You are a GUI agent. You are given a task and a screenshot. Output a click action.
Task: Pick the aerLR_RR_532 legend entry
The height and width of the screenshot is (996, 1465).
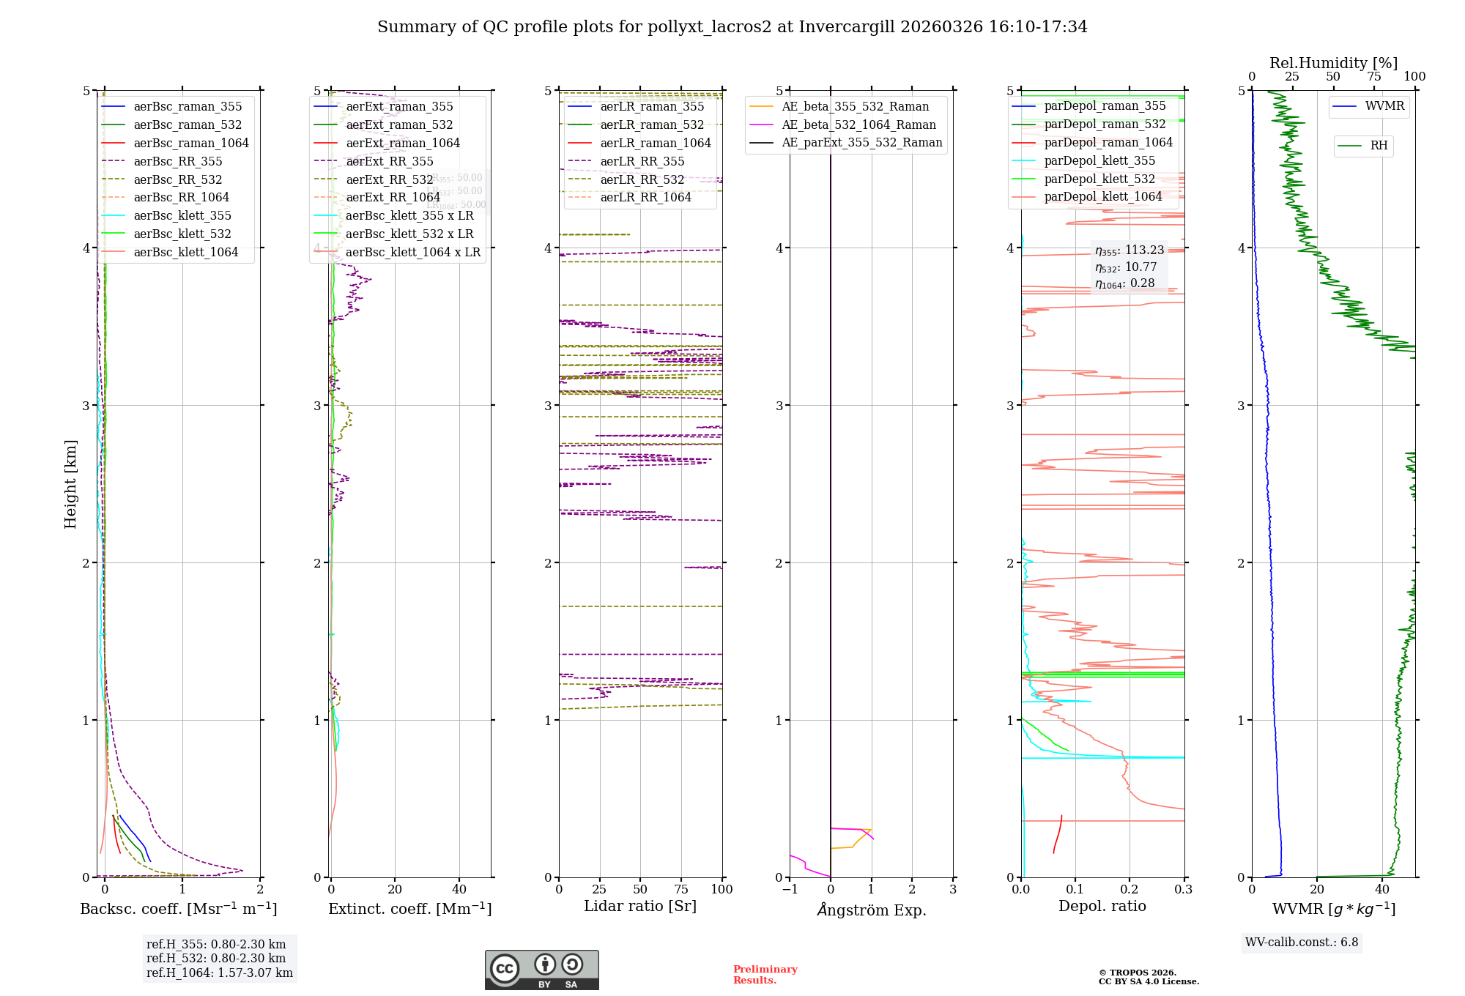(642, 179)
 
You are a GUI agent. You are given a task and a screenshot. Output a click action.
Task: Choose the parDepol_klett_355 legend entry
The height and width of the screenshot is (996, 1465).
(1099, 160)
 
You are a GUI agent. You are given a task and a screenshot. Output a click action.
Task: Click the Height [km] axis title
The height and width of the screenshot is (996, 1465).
(70, 484)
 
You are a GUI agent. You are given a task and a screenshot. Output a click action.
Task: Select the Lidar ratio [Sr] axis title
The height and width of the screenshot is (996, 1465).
(640, 906)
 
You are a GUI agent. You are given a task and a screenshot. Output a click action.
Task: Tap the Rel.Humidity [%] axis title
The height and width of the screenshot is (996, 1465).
(1333, 63)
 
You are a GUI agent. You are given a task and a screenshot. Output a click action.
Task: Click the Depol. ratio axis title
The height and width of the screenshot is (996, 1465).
(1102, 906)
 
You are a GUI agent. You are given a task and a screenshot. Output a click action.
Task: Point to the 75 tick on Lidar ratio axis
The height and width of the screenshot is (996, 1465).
(681, 890)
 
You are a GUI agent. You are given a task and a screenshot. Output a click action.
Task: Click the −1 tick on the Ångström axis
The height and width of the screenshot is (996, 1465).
(790, 890)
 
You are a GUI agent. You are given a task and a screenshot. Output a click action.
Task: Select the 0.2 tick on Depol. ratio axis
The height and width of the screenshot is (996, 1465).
(1130, 890)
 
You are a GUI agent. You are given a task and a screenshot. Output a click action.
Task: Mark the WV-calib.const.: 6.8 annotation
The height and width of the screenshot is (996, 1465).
(1302, 943)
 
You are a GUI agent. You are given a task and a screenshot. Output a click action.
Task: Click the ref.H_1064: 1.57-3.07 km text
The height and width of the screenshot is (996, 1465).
(219, 973)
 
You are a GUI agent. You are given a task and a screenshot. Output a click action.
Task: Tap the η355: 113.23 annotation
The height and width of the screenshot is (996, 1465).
(1129, 250)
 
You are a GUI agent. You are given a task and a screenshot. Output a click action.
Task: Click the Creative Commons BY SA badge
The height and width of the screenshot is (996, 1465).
(541, 970)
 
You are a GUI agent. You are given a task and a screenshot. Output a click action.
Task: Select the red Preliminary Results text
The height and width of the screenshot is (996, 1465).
(765, 975)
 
